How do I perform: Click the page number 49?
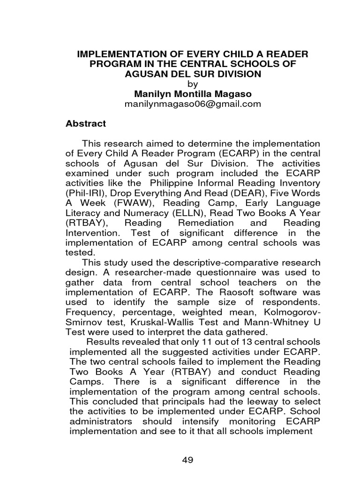tap(187, 460)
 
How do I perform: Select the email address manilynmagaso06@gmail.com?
tap(192, 104)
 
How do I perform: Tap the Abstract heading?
tap(85, 124)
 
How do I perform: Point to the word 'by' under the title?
tap(193, 83)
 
